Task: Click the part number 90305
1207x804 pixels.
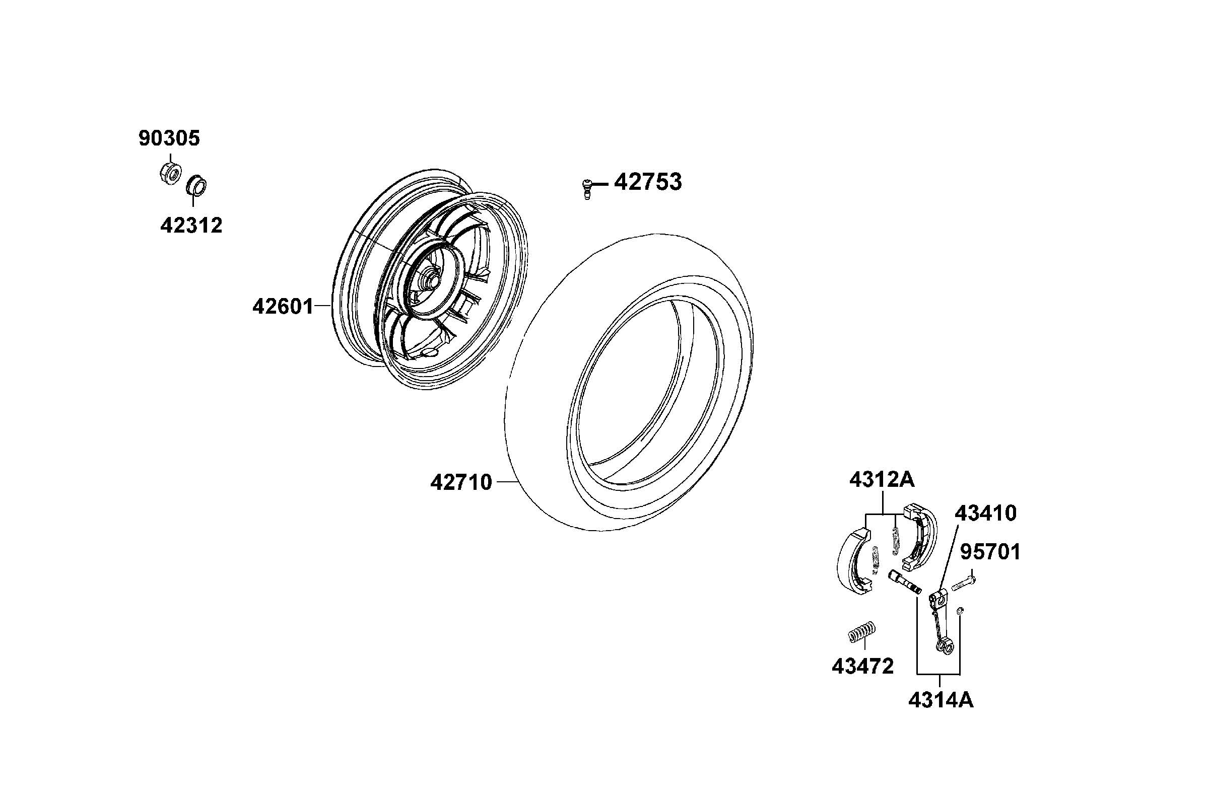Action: coord(169,138)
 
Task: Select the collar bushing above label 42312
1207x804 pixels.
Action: coord(195,185)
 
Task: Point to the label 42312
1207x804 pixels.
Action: coord(191,226)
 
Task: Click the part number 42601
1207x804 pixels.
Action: coord(283,307)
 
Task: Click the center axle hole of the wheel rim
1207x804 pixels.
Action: coord(430,281)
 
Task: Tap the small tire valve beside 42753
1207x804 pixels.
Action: coord(587,188)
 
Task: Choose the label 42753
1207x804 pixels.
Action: coord(648,182)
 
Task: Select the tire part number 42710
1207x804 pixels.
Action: coord(461,482)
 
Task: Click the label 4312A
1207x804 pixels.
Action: coord(882,480)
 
